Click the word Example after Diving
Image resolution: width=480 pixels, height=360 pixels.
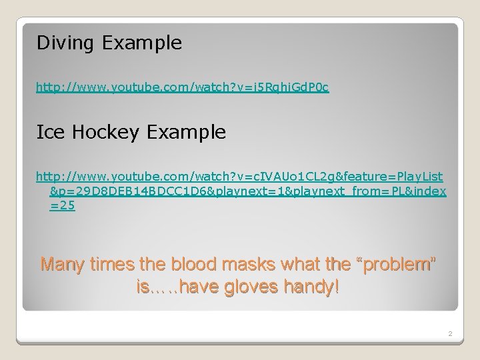coord(142,44)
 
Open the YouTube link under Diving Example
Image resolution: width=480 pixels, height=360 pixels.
coord(182,87)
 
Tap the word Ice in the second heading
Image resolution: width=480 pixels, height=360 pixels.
coord(49,132)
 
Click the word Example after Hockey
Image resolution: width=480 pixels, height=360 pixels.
coord(187,132)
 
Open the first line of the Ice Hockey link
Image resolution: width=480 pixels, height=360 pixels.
coord(239,177)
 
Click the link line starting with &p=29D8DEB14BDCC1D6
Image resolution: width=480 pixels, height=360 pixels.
coord(247,191)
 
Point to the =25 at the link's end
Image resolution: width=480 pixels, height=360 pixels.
coord(62,206)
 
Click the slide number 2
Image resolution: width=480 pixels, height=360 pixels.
coord(451,333)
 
